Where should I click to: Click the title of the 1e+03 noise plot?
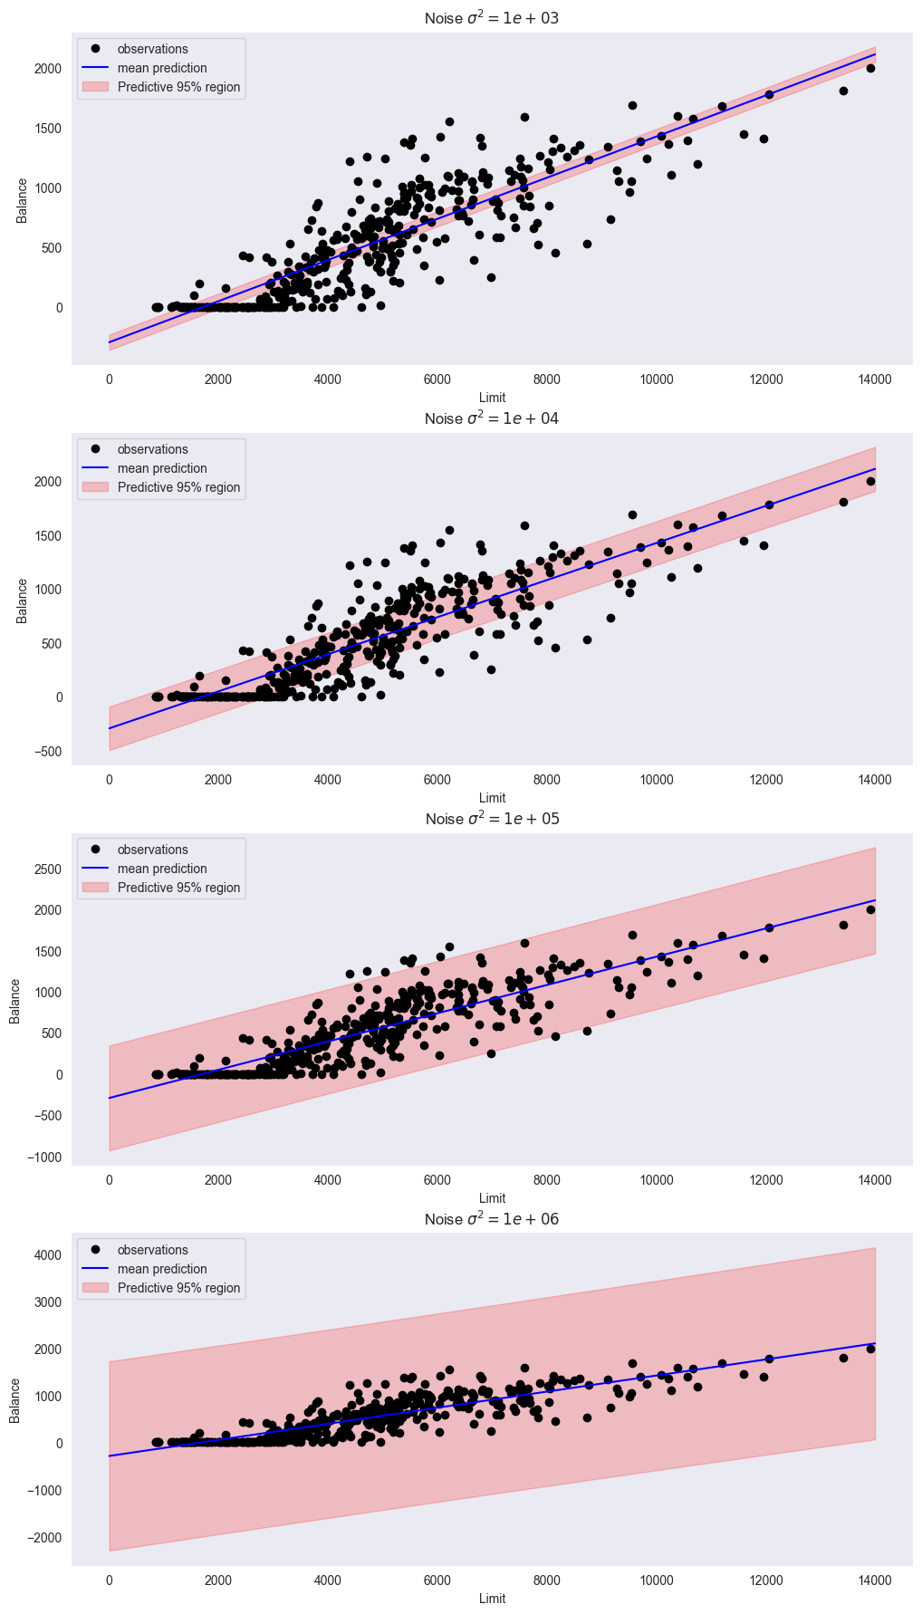coord(492,18)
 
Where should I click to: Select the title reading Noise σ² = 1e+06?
coord(492,1219)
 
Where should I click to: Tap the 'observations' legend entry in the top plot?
coord(152,49)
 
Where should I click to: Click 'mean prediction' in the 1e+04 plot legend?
coord(162,468)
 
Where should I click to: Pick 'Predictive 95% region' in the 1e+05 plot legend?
coord(178,888)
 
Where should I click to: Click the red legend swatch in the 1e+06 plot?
coord(95,1288)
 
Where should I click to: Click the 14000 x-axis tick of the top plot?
coord(875,379)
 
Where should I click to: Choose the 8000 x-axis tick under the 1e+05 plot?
coord(546,1179)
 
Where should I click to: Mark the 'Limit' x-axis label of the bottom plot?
coord(492,1599)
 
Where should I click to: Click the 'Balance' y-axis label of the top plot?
coord(22,199)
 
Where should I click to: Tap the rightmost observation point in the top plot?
coord(870,68)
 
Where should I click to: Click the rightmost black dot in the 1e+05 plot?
coord(870,909)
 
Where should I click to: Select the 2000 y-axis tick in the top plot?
coord(47,69)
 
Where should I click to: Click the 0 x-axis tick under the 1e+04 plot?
coord(109,779)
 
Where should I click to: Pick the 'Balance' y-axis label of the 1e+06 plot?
coord(15,1400)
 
